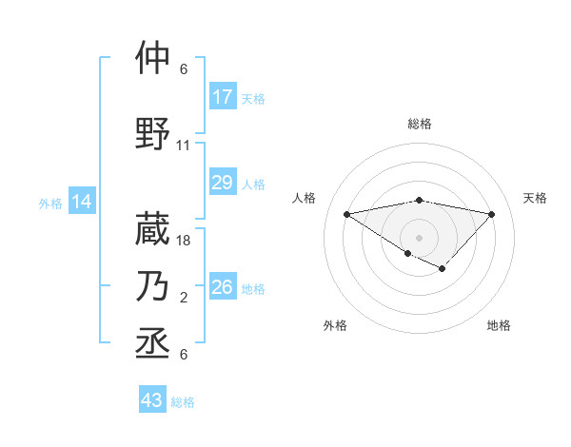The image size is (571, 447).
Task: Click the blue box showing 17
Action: [223, 97]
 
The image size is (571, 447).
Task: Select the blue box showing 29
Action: [223, 183]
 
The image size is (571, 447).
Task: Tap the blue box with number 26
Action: [223, 287]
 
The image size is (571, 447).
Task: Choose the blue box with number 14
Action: [82, 202]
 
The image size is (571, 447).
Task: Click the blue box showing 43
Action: [152, 400]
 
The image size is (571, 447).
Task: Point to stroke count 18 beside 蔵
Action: [185, 242]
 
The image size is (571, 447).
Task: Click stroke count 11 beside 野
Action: [184, 146]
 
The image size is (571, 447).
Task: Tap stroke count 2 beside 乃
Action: [184, 299]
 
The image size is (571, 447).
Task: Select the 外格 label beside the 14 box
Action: [50, 203]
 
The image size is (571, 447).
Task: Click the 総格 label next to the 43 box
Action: [183, 402]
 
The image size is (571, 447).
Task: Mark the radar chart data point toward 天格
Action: [491, 214]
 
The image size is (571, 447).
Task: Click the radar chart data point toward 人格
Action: [346, 213]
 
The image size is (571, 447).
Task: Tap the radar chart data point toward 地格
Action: [443, 269]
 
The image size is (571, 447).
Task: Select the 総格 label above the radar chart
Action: [419, 124]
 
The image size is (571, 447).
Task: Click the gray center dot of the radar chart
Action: [419, 237]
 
